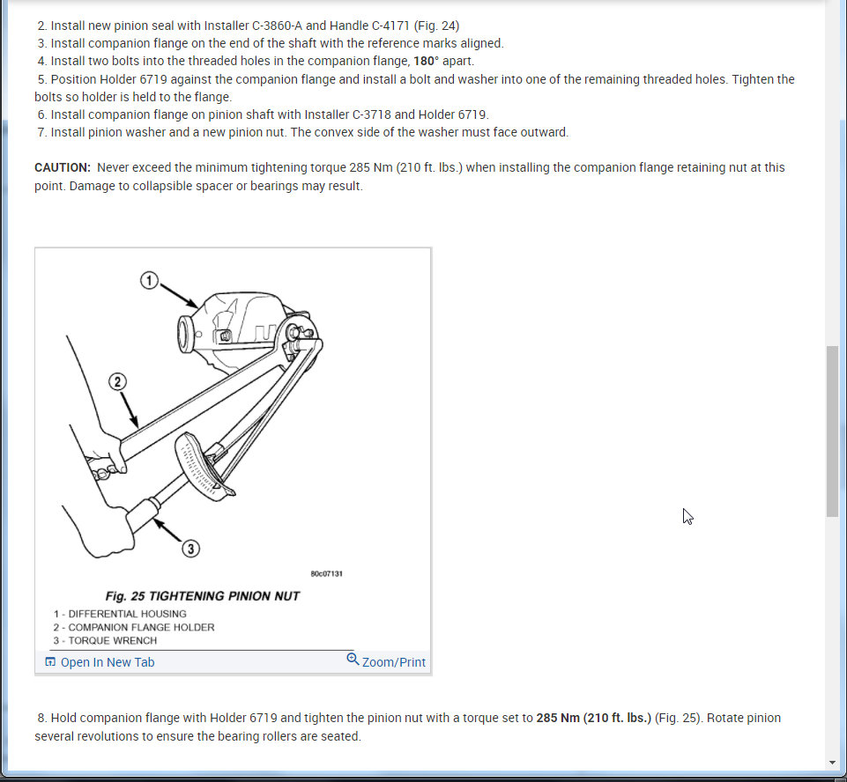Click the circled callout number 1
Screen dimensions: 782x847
149,281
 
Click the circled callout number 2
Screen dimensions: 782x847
117,381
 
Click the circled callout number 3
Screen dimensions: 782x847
190,549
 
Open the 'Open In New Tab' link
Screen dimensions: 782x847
107,662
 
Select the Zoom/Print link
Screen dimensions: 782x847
393,662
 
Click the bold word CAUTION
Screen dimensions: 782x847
63,167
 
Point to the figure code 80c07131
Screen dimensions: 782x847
326,573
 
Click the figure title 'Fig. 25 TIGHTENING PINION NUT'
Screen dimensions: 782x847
202,596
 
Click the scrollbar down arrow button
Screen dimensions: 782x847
832,762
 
